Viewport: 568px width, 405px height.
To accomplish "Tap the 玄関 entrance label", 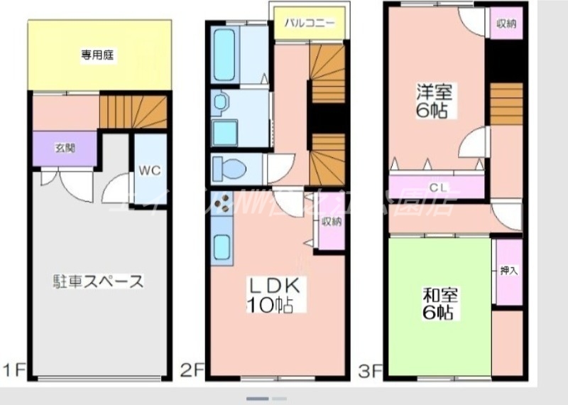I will click(65, 148).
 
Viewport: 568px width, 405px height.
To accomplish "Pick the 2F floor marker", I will click(192, 370).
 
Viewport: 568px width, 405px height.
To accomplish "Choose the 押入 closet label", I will click(508, 271).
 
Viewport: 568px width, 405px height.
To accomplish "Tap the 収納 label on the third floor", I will click(506, 23).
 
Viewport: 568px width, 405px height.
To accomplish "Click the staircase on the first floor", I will click(133, 112).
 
